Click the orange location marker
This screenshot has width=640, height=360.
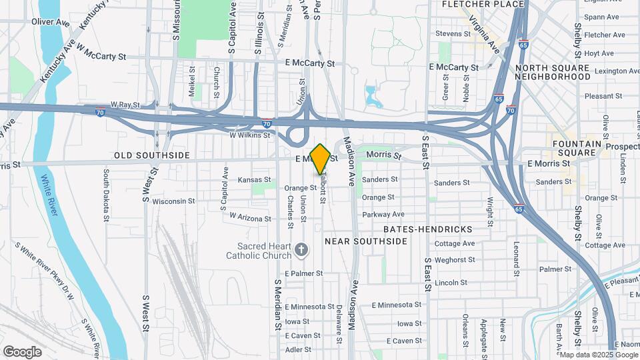[320, 159]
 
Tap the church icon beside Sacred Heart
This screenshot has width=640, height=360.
[301, 250]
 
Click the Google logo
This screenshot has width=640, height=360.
[22, 352]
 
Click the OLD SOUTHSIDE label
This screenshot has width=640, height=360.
[151, 155]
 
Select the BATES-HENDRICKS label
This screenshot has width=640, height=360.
[428, 229]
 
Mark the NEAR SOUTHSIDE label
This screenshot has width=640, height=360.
[365, 241]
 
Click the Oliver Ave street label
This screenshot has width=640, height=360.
[51, 22]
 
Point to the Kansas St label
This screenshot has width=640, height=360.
[255, 179]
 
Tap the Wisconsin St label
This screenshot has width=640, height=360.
[173, 201]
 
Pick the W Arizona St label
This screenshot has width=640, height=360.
[250, 217]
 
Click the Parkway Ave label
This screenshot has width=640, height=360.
[383, 214]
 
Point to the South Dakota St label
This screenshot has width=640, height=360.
[106, 195]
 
